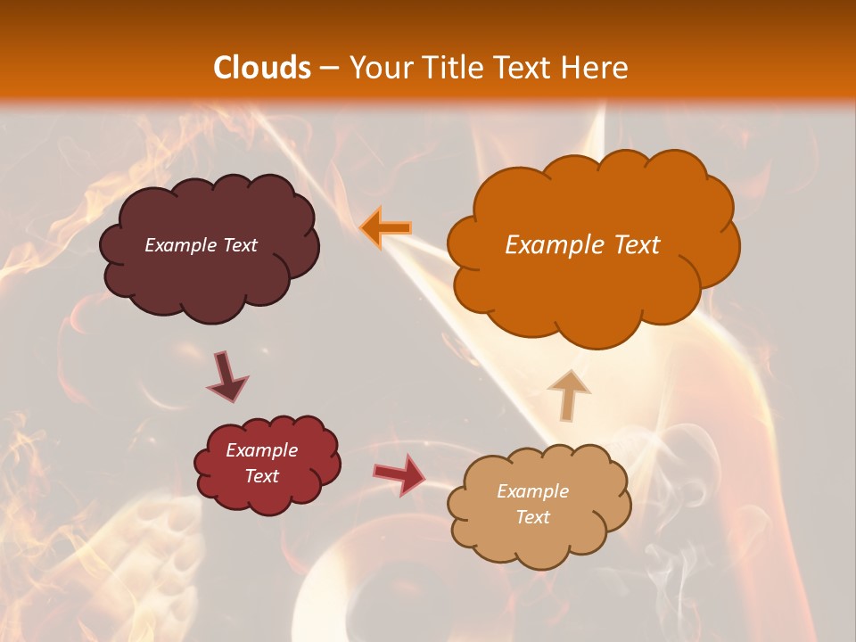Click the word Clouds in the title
(x=262, y=68)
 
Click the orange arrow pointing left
(x=386, y=228)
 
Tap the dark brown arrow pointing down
(x=226, y=377)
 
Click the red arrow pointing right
(x=400, y=473)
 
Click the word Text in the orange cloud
(x=637, y=245)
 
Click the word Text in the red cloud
(x=261, y=476)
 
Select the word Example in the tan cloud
(x=532, y=491)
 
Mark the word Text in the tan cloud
(x=532, y=517)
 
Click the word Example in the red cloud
(x=261, y=450)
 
